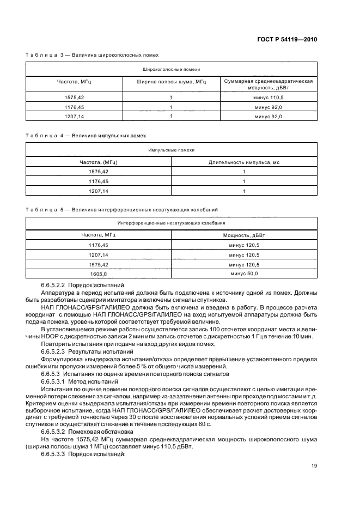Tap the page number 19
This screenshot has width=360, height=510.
[x=313, y=465]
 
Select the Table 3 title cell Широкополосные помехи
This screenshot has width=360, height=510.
[x=171, y=70]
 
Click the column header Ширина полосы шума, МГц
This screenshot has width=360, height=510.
[x=171, y=81]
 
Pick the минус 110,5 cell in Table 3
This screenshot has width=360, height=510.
[x=268, y=97]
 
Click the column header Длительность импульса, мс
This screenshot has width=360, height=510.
[x=243, y=162]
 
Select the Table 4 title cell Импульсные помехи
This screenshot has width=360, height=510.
[x=171, y=149]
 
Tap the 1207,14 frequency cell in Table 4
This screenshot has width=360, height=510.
[x=99, y=191]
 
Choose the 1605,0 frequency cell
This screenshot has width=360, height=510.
[x=99, y=274]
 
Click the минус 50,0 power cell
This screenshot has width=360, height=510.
[x=243, y=274]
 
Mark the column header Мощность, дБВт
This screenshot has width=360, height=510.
[x=243, y=235]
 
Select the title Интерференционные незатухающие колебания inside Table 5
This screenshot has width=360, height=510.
[x=171, y=223]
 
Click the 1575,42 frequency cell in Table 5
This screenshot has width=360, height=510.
[x=99, y=264]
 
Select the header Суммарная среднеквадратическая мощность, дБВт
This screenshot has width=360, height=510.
[x=268, y=83]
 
